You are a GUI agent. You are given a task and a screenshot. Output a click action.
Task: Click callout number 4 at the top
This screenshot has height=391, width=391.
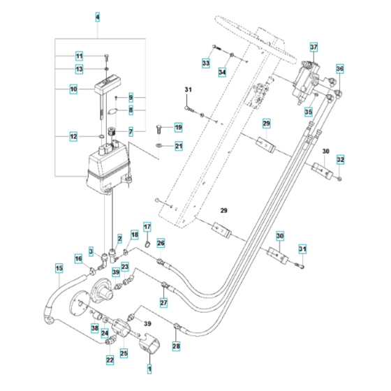click(x=97, y=16)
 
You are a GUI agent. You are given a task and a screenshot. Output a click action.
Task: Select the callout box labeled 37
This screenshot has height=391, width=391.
click(x=313, y=47)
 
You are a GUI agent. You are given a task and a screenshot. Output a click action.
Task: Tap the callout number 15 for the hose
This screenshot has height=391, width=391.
click(x=59, y=267)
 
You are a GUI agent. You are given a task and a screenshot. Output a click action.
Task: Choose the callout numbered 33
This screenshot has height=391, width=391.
click(x=205, y=64)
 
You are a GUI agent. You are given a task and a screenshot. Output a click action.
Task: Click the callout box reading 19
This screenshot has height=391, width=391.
click(x=178, y=127)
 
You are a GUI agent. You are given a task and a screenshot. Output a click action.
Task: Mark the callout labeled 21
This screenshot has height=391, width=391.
click(x=178, y=146)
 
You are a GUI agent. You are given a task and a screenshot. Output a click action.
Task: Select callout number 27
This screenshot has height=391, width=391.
click(x=164, y=303)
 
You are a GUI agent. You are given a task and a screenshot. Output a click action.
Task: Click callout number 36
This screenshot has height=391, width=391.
click(x=340, y=69)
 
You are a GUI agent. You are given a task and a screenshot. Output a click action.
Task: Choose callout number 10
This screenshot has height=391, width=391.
click(x=73, y=89)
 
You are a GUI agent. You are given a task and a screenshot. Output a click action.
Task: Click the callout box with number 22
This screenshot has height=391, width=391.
click(x=110, y=360)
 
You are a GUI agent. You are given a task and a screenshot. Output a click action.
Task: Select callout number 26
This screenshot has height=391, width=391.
click(x=161, y=243)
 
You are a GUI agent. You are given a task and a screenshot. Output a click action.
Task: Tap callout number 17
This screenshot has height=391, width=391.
click(x=147, y=227)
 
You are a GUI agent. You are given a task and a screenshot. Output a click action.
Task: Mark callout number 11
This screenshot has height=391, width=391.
click(x=79, y=56)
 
